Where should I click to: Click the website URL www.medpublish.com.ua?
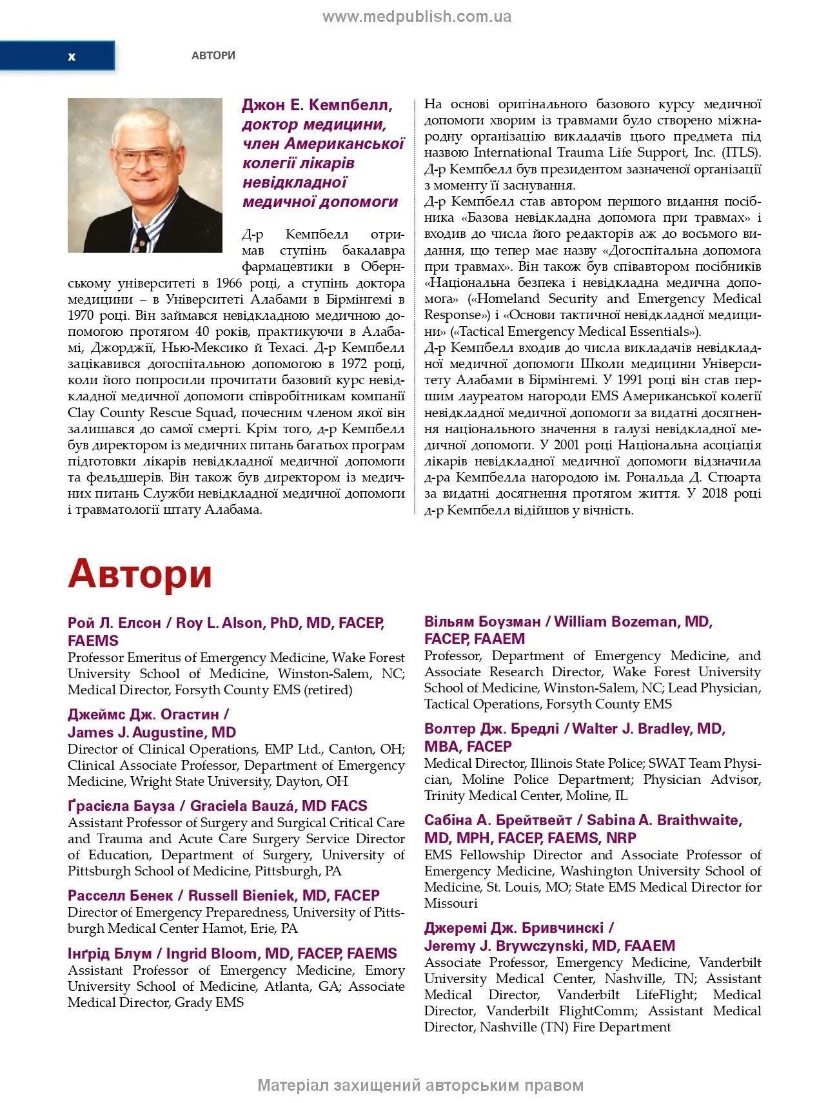click(x=417, y=17)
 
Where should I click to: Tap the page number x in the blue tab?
click(x=72, y=57)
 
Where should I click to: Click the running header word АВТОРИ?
click(x=213, y=56)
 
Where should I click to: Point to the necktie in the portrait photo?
click(x=141, y=239)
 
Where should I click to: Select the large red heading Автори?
click(x=140, y=573)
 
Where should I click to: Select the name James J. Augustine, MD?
click(x=152, y=733)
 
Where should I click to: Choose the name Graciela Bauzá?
click(x=243, y=806)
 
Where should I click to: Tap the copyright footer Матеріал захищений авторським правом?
click(x=420, y=1086)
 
